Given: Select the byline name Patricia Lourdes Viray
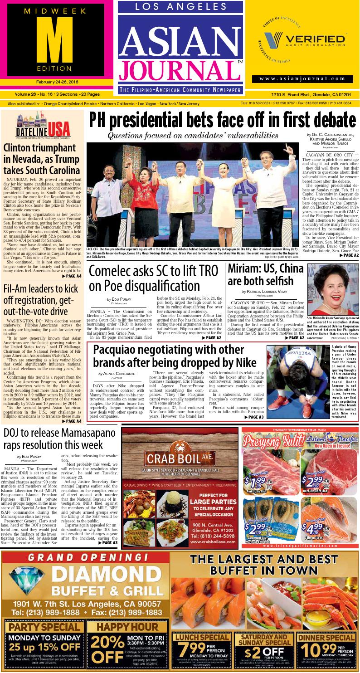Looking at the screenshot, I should (x=265, y=292).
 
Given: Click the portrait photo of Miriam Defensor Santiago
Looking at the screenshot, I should (x=330, y=289).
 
